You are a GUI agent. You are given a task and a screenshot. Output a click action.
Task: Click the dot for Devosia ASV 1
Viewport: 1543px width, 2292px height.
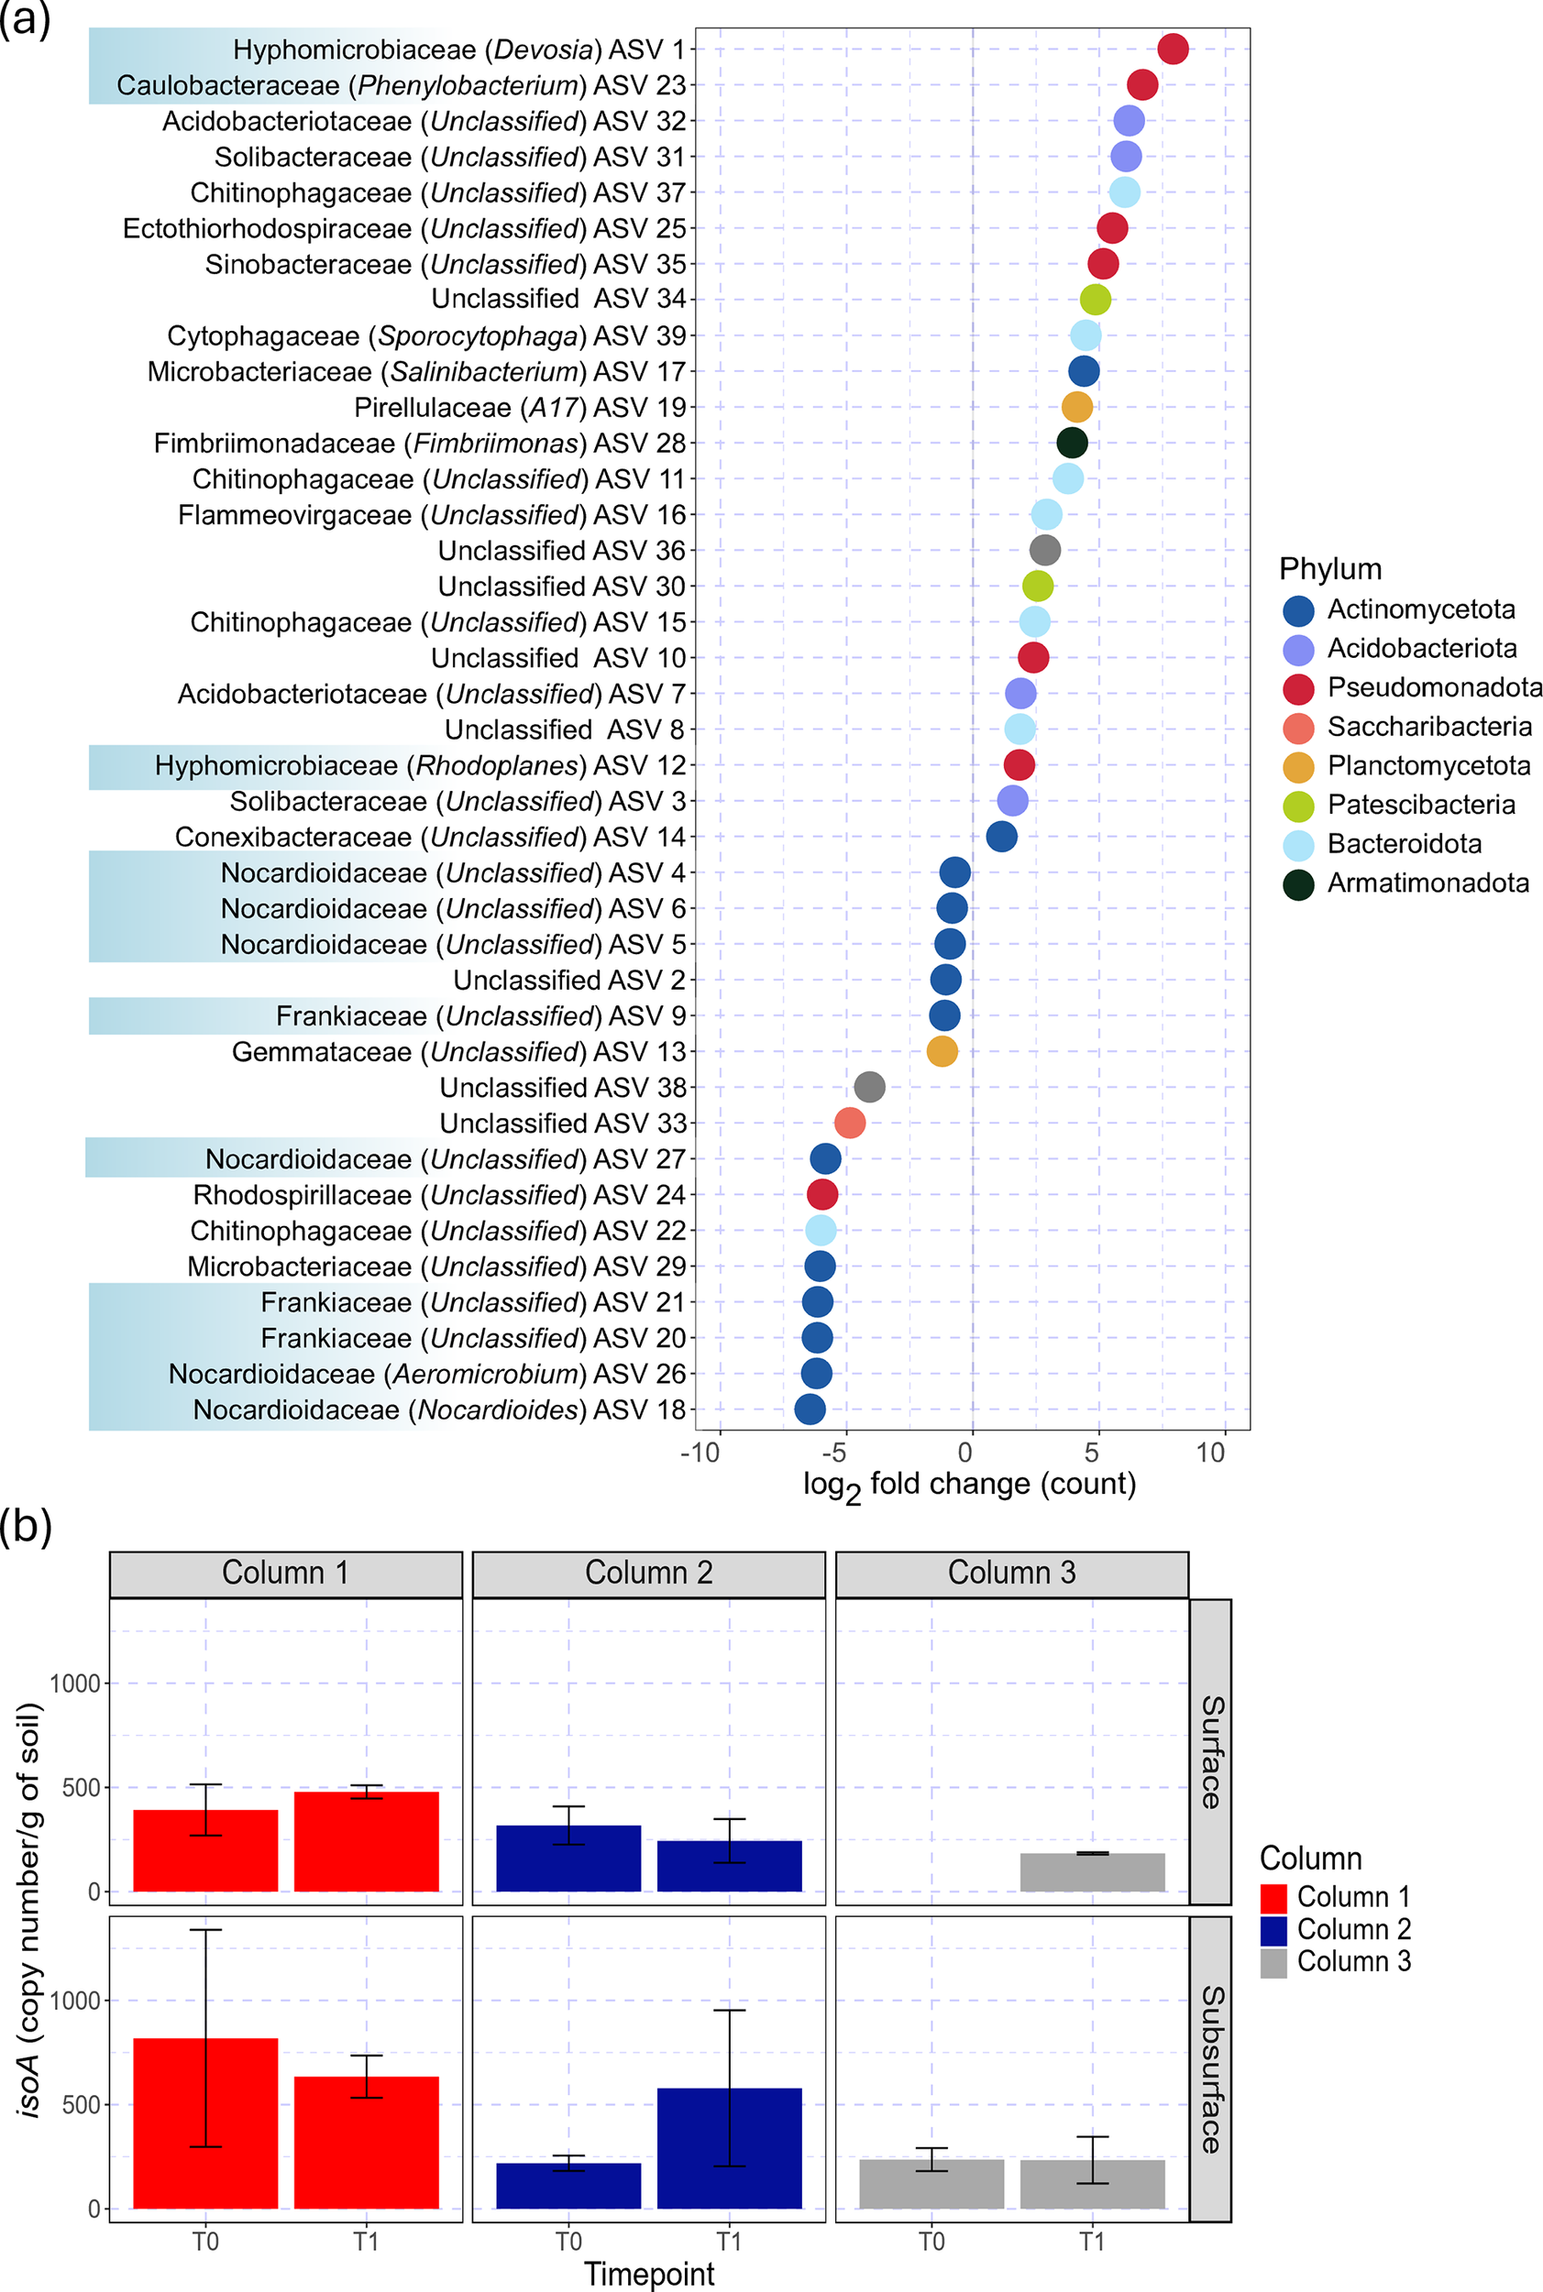click(1172, 49)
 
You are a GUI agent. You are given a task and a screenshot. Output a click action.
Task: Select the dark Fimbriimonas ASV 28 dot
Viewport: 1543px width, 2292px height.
click(1072, 443)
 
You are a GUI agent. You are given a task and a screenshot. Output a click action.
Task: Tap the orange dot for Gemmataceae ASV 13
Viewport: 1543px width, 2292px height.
click(942, 1051)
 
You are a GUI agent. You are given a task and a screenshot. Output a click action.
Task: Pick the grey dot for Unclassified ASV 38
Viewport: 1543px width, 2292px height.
click(869, 1087)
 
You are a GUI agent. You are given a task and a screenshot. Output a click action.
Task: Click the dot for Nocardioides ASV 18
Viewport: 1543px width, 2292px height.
click(809, 1409)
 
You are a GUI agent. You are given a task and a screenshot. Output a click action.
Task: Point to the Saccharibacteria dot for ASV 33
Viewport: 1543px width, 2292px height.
click(849, 1123)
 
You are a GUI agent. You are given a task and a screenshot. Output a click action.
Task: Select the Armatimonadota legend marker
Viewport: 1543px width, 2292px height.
click(1299, 883)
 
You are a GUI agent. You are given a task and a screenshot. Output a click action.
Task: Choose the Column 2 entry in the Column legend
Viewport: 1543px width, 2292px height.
click(1353, 1929)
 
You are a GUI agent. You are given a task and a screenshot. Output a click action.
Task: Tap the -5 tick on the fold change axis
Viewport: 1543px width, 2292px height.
click(833, 1452)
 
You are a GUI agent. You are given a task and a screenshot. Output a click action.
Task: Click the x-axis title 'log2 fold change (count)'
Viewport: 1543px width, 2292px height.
click(969, 1485)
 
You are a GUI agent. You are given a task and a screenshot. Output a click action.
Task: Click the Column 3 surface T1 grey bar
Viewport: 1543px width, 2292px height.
click(1092, 1872)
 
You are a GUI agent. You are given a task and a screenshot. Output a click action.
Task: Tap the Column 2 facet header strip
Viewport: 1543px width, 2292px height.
click(648, 1573)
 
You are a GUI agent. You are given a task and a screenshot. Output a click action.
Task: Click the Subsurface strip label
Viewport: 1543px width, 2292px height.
click(1211, 2069)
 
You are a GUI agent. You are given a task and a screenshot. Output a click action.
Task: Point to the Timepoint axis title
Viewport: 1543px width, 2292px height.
click(648, 2274)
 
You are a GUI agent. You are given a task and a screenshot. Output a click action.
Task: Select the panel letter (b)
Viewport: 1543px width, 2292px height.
click(26, 1526)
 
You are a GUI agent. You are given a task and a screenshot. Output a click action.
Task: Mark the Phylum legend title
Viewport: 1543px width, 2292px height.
click(1329, 568)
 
